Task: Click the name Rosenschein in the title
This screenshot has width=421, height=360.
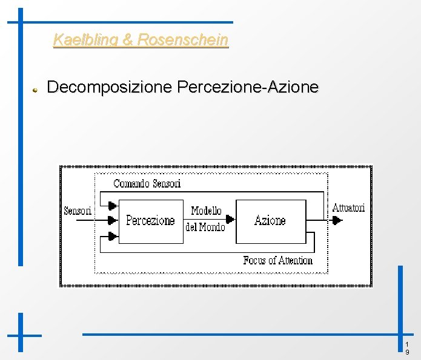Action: pyautogui.click(x=183, y=41)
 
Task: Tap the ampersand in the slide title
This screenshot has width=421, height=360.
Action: pyautogui.click(x=128, y=41)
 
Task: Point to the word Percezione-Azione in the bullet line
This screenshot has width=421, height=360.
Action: pyautogui.click(x=248, y=87)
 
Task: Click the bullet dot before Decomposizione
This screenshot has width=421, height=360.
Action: pyautogui.click(x=36, y=89)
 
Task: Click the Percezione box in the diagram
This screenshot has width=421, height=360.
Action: pyautogui.click(x=150, y=221)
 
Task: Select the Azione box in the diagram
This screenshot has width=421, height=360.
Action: pyautogui.click(x=270, y=221)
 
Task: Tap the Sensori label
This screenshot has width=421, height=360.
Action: pyautogui.click(x=78, y=211)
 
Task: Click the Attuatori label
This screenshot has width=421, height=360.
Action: pyautogui.click(x=348, y=208)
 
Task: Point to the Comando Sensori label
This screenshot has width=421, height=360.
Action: pyautogui.click(x=147, y=183)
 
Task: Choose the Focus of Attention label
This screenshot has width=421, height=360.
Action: pyautogui.click(x=277, y=260)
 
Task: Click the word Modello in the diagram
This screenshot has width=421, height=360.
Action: pyautogui.click(x=206, y=211)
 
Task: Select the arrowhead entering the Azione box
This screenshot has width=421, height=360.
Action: pyautogui.click(x=230, y=219)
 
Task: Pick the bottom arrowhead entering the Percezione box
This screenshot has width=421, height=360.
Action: pyautogui.click(x=112, y=235)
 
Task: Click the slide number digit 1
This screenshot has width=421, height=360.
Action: pyautogui.click(x=407, y=344)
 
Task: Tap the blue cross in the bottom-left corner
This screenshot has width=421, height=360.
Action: pyautogui.click(x=21, y=335)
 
